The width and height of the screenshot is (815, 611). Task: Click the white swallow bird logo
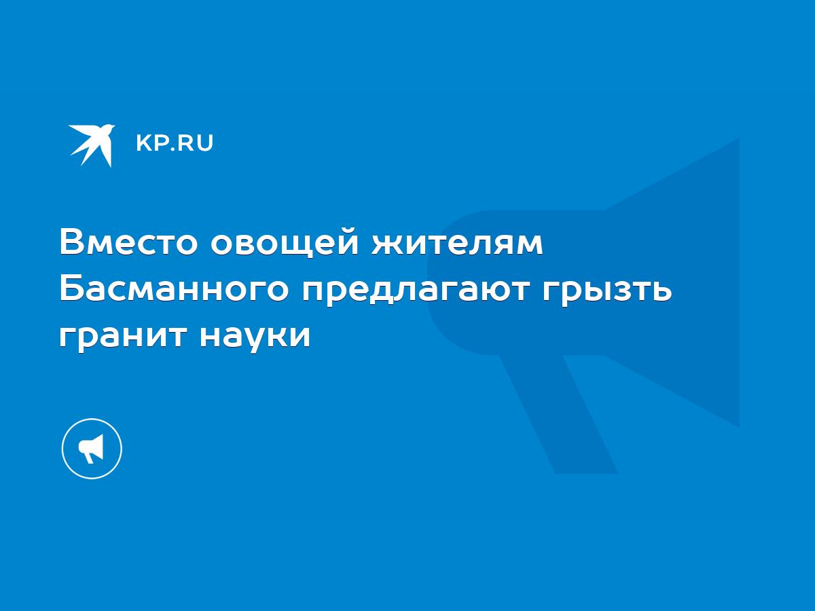(x=92, y=145)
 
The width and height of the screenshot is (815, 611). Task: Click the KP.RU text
(x=175, y=143)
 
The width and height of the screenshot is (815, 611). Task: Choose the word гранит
(x=123, y=338)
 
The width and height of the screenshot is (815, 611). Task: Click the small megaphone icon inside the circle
(x=91, y=449)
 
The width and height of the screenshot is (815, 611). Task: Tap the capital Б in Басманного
(x=71, y=289)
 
